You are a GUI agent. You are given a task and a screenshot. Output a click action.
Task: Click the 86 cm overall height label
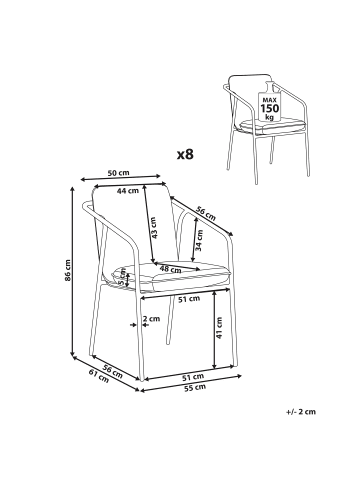68,270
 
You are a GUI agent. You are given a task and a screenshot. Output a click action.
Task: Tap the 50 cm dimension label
118,173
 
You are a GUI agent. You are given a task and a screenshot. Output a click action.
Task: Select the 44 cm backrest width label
128,191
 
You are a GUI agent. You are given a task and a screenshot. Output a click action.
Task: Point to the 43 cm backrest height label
154,228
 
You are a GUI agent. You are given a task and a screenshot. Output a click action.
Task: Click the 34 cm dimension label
199,240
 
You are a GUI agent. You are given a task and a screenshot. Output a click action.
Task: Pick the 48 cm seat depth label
170,269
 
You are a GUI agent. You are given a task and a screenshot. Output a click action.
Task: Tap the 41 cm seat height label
219,328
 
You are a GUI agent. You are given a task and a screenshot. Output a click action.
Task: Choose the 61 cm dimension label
99,376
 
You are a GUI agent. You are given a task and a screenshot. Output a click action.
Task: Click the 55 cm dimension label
195,387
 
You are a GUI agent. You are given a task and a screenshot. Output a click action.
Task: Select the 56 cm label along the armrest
206,213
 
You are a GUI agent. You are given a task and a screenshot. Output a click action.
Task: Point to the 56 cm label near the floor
112,371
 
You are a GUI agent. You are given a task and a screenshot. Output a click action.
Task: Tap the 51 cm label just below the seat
189,299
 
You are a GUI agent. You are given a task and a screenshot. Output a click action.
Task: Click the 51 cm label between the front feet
193,377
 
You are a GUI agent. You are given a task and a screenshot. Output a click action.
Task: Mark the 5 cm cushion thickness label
122,278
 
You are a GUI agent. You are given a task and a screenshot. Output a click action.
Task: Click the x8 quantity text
185,154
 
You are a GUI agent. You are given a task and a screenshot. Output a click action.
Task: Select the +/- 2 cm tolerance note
301,412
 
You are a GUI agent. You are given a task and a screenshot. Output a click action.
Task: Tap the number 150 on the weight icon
270,108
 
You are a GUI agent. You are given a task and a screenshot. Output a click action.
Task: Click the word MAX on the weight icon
270,100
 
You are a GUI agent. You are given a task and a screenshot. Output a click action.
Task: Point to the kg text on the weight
270,117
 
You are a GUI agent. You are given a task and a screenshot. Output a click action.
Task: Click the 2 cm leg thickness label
151,319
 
